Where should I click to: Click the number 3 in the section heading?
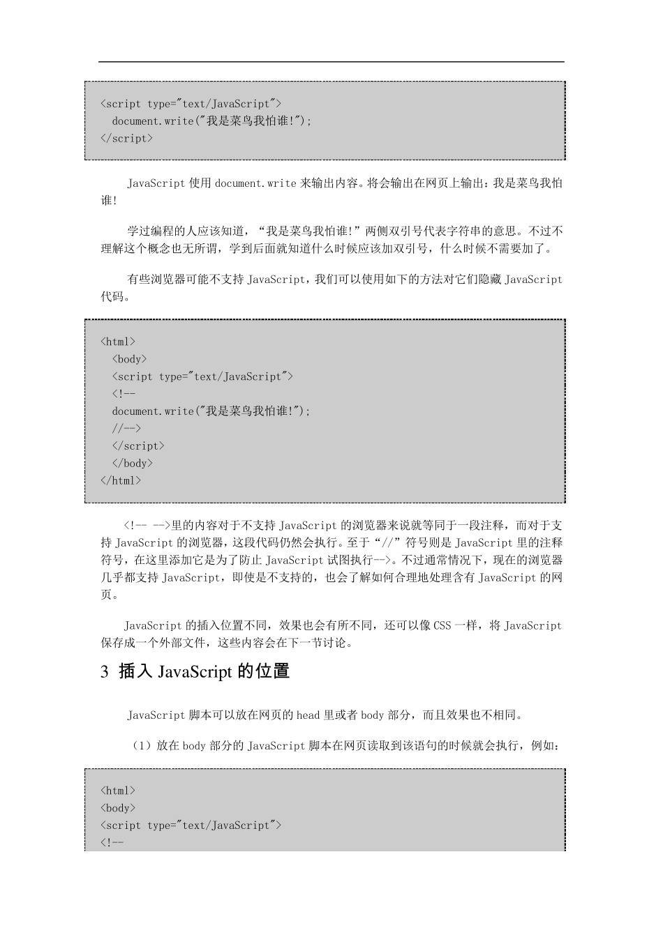pyautogui.click(x=105, y=672)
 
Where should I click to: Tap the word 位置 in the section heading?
pyautogui.click(x=272, y=671)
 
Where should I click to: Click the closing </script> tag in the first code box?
pyautogui.click(x=126, y=138)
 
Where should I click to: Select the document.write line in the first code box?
pyautogui.click(x=211, y=121)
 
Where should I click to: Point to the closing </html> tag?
pyautogui.click(x=121, y=480)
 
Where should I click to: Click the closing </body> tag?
pyautogui.click(x=132, y=463)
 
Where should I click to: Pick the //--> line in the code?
pyautogui.click(x=126, y=428)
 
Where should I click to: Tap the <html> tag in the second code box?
pyautogui.click(x=118, y=342)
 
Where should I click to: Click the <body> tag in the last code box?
pyautogui.click(x=118, y=808)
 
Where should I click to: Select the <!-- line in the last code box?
pyautogui.click(x=112, y=843)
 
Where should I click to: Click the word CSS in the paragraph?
pyautogui.click(x=442, y=625)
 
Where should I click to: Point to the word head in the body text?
pyautogui.click(x=308, y=715)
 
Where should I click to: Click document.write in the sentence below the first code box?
pyautogui.click(x=255, y=183)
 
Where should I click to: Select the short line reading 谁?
pyautogui.click(x=110, y=201)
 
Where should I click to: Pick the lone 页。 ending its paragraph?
pyautogui.click(x=110, y=595)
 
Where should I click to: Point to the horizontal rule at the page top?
pyautogui.click(x=331, y=62)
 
